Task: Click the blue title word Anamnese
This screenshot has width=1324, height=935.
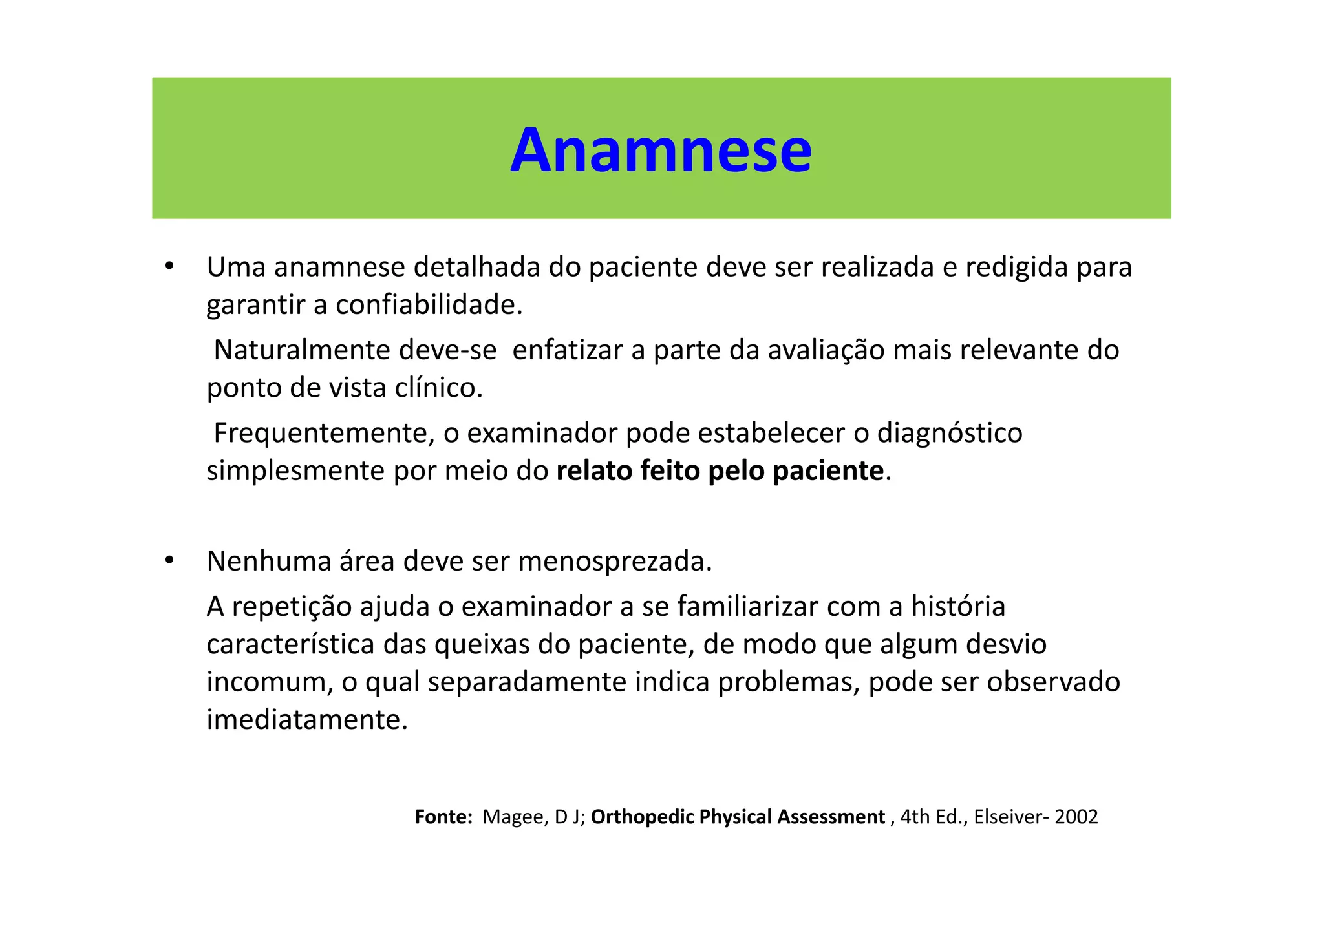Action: pyautogui.click(x=661, y=151)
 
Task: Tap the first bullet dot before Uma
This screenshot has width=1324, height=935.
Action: pyautogui.click(x=169, y=266)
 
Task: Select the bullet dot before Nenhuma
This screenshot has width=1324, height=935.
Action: pyautogui.click(x=169, y=560)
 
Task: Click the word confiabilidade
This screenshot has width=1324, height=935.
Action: pyautogui.click(x=428, y=305)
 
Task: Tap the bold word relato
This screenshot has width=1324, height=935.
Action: pyautogui.click(x=594, y=471)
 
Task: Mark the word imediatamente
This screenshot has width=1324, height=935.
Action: pyautogui.click(x=307, y=720)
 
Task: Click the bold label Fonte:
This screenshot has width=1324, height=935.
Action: pyautogui.click(x=443, y=817)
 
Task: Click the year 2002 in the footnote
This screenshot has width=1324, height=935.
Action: pyautogui.click(x=1076, y=817)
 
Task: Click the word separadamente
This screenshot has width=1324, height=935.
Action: pyautogui.click(x=527, y=682)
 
